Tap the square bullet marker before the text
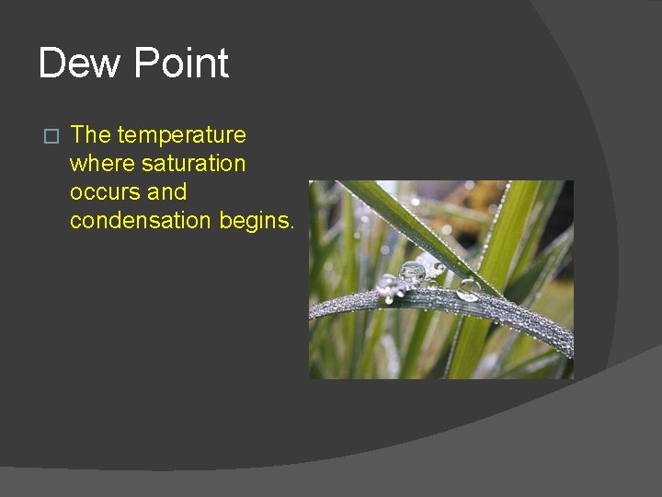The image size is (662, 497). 51,136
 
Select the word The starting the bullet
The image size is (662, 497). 90,134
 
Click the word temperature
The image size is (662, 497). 181,135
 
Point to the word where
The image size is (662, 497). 102,164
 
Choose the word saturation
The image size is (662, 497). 193,164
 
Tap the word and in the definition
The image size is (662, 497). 166,192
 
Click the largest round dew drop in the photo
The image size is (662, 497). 412,273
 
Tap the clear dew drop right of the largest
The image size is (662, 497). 468,290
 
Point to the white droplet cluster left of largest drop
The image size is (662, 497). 389,284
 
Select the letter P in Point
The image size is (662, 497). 146,64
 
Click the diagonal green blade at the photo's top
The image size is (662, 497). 405,221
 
